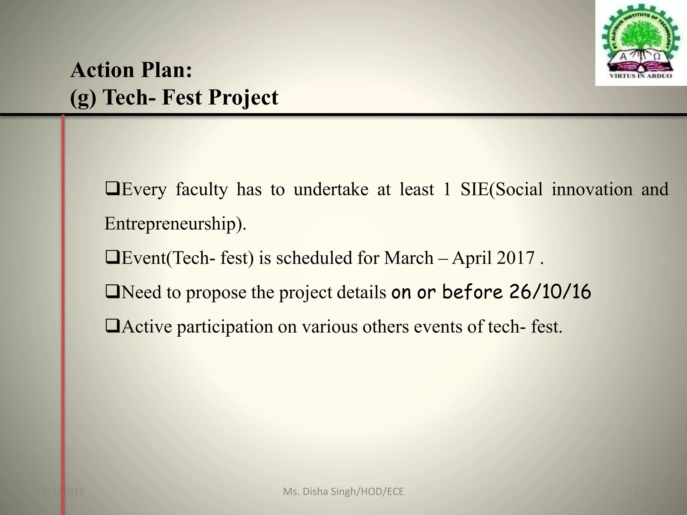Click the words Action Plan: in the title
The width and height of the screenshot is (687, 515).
click(131, 70)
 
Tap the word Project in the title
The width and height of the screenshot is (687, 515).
click(243, 98)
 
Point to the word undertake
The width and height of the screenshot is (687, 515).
click(331, 189)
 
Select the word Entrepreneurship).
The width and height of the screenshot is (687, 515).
click(175, 224)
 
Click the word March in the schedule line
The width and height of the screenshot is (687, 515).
click(409, 258)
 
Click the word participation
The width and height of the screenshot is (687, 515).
click(225, 327)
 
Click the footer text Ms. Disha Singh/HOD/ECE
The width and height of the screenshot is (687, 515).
click(343, 492)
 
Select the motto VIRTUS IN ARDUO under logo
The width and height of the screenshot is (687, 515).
click(640, 76)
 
